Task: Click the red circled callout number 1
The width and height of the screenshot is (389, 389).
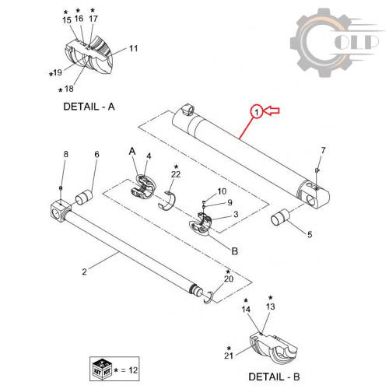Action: [x=257, y=112]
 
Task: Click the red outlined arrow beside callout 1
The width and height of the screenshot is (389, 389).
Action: [x=272, y=110]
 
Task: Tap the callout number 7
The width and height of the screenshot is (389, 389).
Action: [x=323, y=150]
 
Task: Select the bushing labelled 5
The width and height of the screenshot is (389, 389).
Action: [x=280, y=218]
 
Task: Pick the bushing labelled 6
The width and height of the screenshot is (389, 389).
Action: [x=84, y=198]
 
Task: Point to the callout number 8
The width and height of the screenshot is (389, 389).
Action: [x=66, y=154]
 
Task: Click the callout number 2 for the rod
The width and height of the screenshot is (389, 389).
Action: [x=84, y=272]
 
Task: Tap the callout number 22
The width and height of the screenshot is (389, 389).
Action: [x=176, y=174]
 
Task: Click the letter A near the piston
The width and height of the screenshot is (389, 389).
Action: [x=132, y=151]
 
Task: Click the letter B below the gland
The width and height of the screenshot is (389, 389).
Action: [x=234, y=251]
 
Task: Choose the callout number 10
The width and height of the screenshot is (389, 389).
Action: [x=222, y=191]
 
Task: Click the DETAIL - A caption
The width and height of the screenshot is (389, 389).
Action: [x=89, y=107]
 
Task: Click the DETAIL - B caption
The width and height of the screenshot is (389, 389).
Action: [x=274, y=377]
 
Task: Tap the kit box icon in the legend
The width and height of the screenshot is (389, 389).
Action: [x=102, y=369]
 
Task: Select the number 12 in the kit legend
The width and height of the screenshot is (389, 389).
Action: [x=133, y=370]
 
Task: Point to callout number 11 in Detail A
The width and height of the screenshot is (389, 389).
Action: [x=134, y=48]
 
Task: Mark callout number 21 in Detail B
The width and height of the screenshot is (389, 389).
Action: [x=229, y=356]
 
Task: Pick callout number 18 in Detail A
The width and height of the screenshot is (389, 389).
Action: [x=69, y=89]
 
